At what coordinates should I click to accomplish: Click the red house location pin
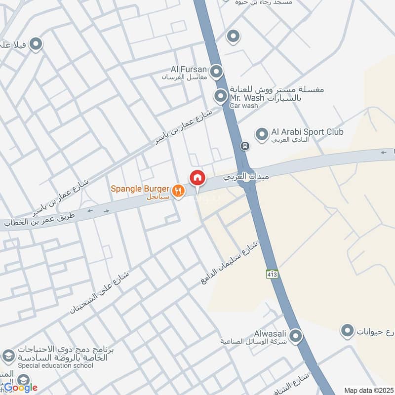point(197,177)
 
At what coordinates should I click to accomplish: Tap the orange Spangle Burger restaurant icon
point(178,190)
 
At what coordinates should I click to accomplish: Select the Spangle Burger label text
point(140,189)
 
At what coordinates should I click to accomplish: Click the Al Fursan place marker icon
point(216,73)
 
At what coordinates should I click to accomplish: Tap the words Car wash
point(243,106)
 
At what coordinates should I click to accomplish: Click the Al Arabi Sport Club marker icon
point(261,133)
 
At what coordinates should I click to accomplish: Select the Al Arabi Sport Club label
point(307,132)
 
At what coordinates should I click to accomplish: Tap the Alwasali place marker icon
point(295,336)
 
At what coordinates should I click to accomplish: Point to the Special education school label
point(55,365)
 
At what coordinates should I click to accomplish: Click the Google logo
point(21,387)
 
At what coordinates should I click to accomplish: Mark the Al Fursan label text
point(189,70)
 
